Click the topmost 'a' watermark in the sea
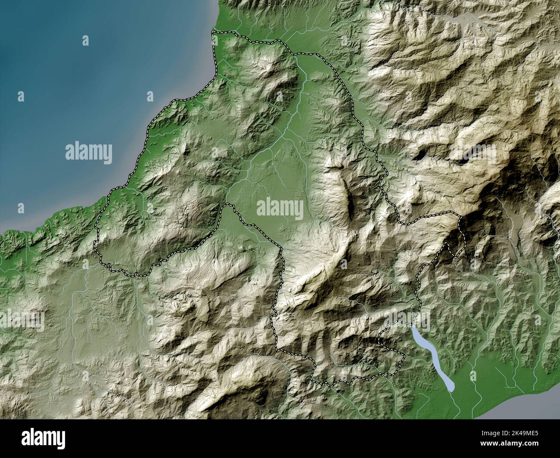pyautogui.click(x=85, y=41)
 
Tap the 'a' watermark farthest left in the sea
pyautogui.click(x=20, y=97)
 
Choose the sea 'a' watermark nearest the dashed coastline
pyautogui.click(x=150, y=97)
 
